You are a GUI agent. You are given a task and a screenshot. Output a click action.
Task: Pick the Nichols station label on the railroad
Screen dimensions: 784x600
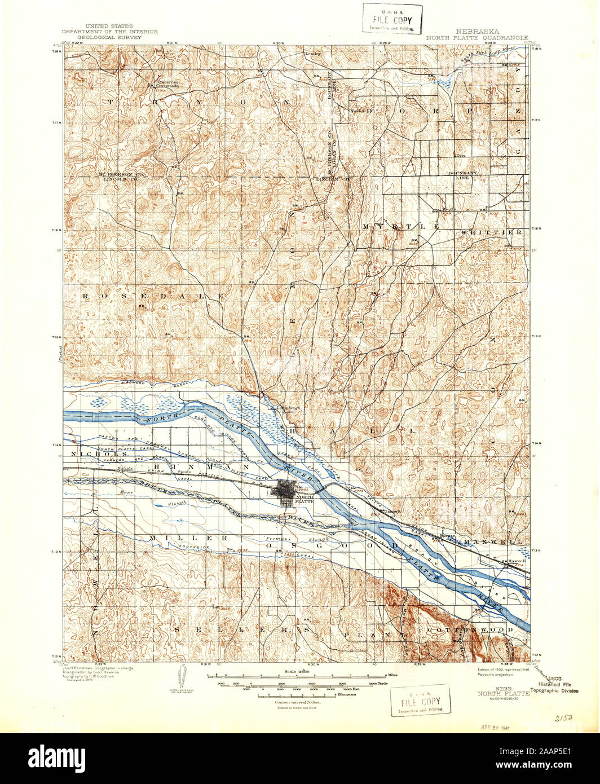click(x=124, y=468)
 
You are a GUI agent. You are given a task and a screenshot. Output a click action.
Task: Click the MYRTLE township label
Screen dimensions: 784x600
click(x=401, y=226)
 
